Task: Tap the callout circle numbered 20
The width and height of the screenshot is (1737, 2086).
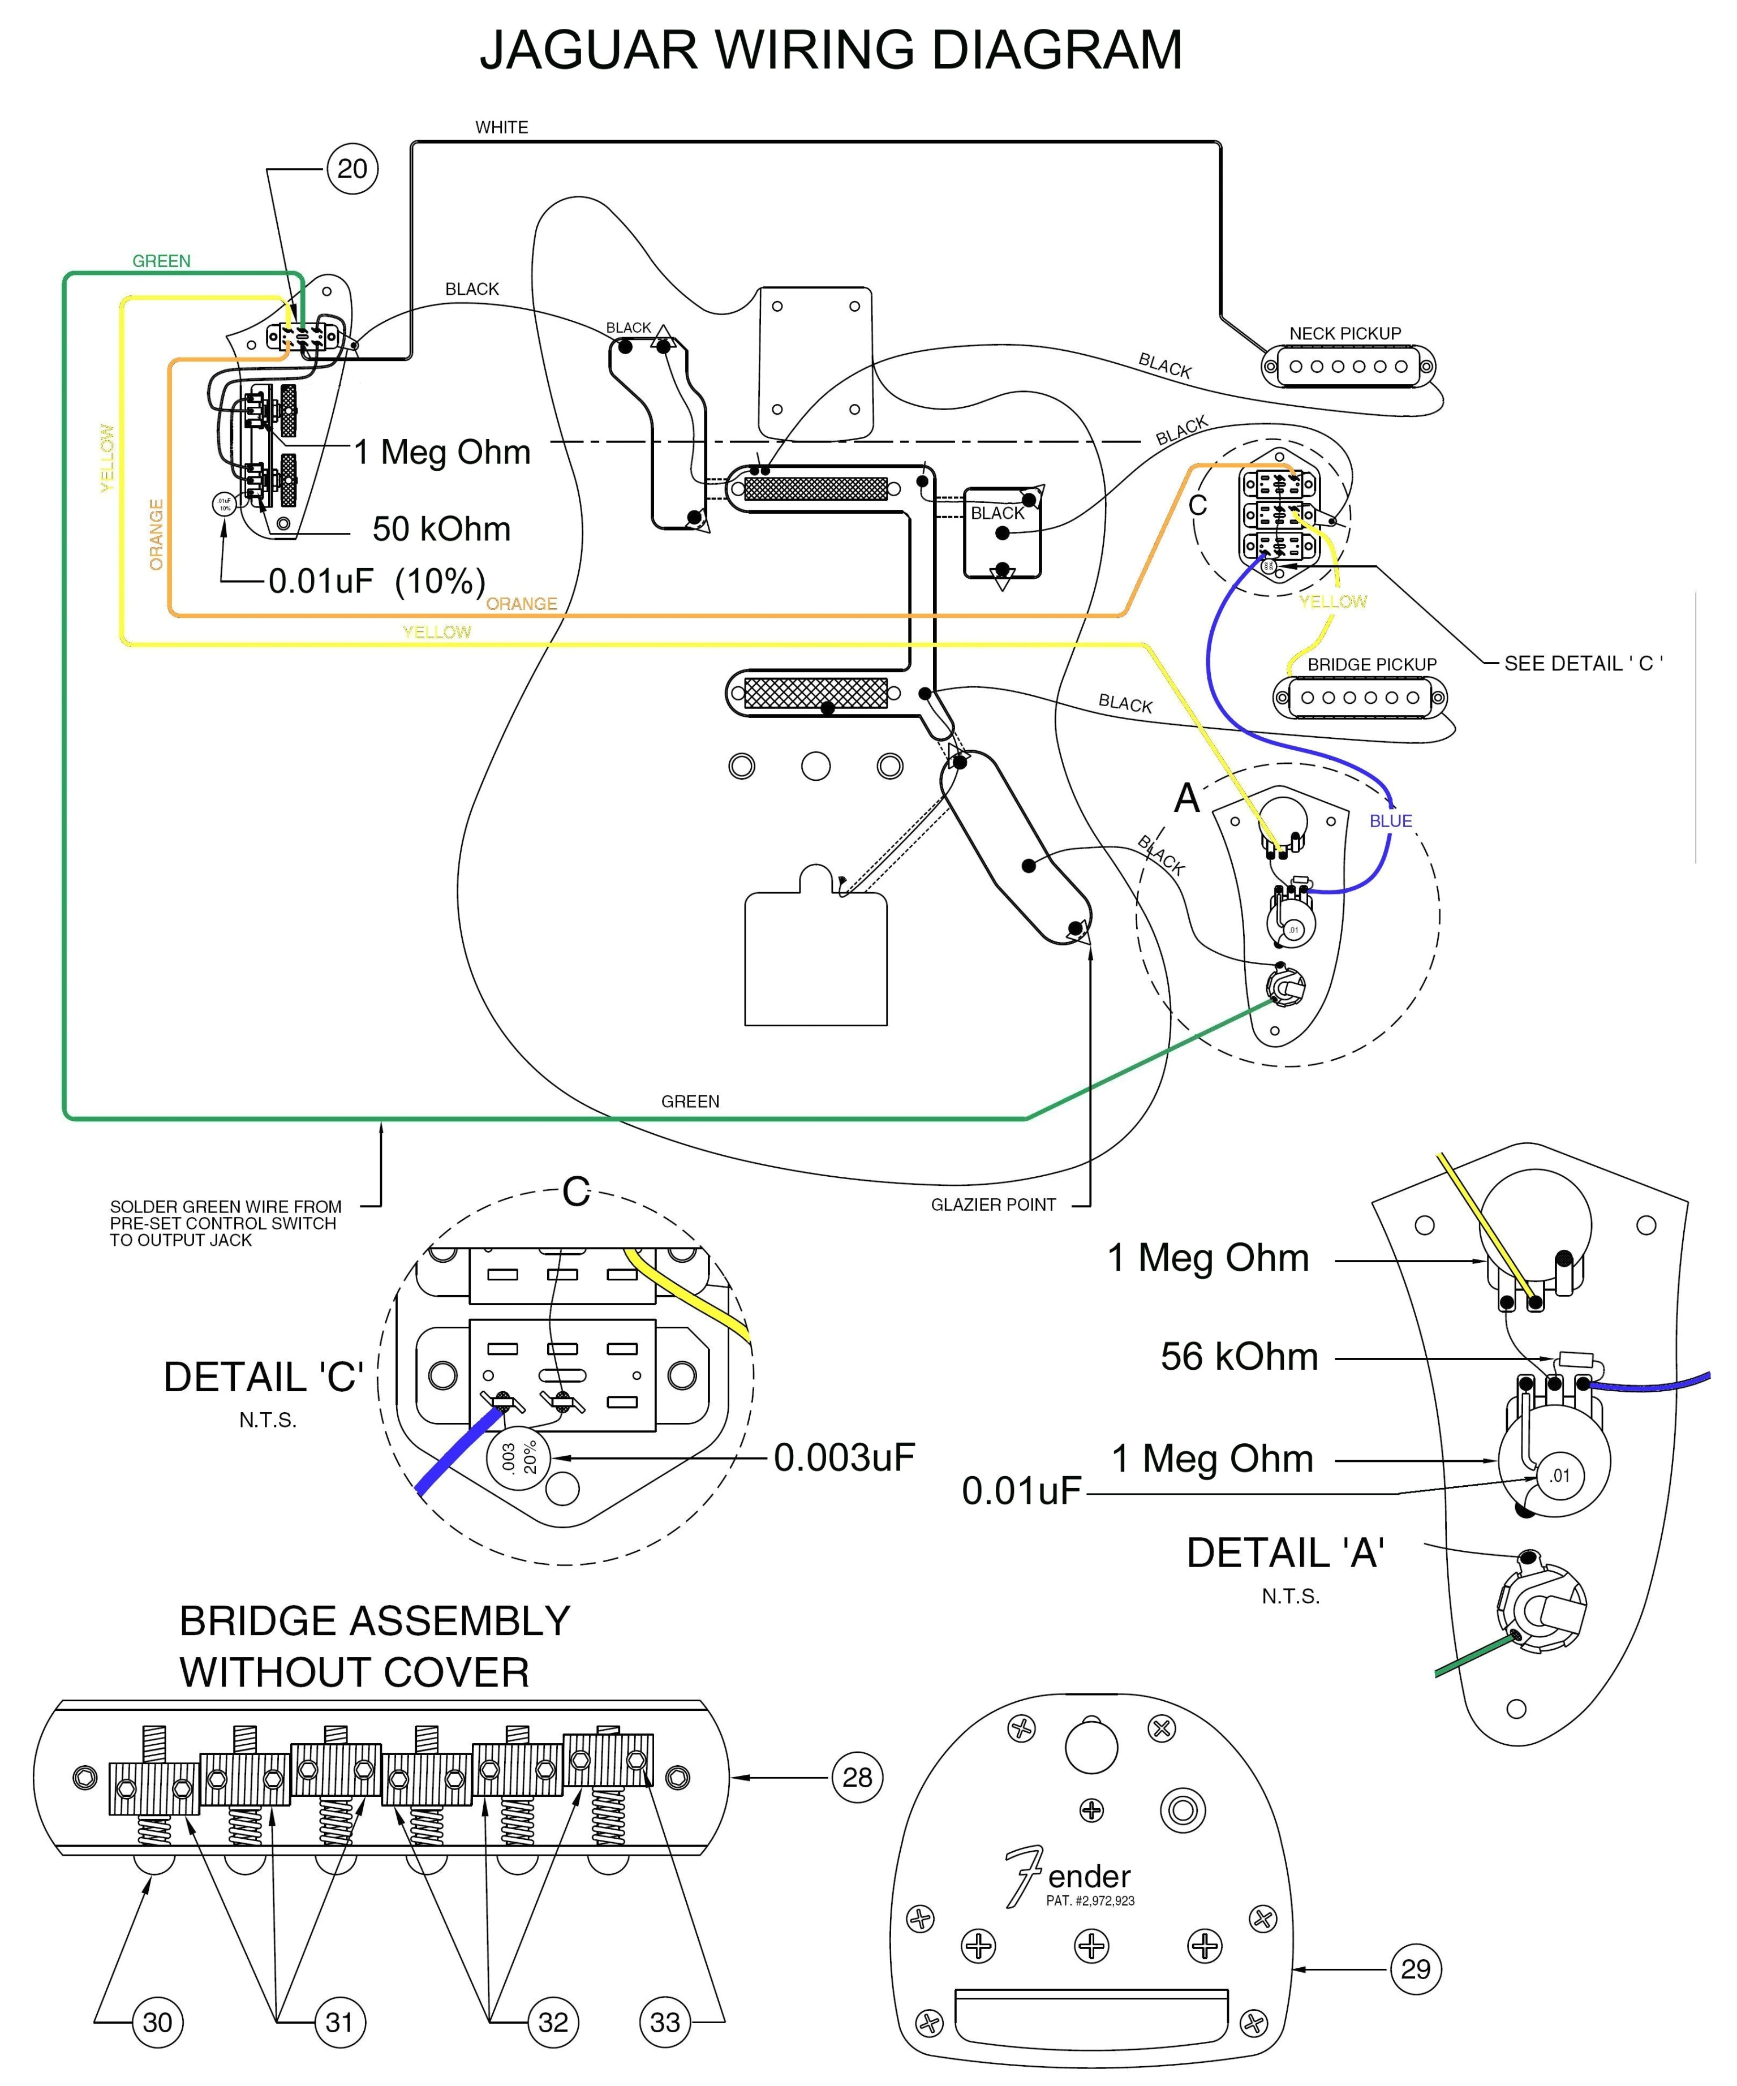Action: pos(352,169)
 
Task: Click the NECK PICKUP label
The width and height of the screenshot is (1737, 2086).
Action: pos(1345,334)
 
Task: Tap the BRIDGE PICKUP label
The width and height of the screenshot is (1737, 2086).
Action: pos(1371,665)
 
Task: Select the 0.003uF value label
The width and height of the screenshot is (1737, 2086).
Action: pos(844,1457)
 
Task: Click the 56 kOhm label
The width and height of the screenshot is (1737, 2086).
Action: pos(1239,1357)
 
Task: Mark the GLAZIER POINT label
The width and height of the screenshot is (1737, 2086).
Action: pos(993,1205)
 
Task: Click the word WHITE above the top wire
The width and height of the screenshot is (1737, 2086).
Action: pos(501,127)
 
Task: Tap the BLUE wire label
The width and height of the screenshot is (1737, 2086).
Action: pos(1390,822)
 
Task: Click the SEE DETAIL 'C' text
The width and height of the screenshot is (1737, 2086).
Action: pos(1583,664)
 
